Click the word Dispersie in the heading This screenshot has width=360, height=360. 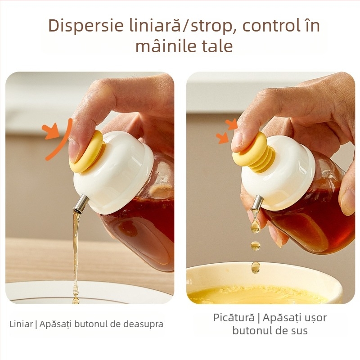(x=86, y=26)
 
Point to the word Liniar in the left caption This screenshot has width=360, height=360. (x=21, y=324)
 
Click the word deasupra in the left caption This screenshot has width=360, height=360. (x=143, y=324)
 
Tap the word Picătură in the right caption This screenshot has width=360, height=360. (x=234, y=318)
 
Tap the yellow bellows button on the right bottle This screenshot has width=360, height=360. (x=254, y=153)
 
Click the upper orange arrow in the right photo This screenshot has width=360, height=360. (x=232, y=125)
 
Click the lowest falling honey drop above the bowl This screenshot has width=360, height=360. (x=255, y=267)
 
